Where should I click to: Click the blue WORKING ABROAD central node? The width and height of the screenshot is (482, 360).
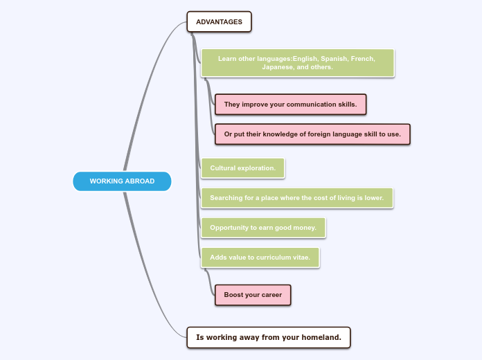[x=122, y=181]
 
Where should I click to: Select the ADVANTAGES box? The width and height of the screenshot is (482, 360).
[x=219, y=21]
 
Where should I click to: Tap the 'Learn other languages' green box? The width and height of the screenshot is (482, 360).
[x=297, y=63]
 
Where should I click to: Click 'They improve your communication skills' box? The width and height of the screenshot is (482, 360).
[x=290, y=105]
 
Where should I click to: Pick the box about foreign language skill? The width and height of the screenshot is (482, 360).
[x=312, y=134]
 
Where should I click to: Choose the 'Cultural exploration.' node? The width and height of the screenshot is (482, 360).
[x=242, y=168]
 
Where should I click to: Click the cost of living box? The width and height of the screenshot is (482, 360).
[x=296, y=198]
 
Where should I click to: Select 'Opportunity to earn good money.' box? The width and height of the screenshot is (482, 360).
[x=262, y=228]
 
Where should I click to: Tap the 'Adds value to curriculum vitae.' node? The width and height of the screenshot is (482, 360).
[x=260, y=258]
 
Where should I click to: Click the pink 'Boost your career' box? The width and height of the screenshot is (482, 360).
[x=253, y=295]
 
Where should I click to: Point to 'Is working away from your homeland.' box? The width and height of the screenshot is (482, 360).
[x=269, y=337]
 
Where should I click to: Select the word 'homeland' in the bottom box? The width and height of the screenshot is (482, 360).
[x=321, y=337]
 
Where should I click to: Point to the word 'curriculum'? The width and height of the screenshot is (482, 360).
[x=274, y=258]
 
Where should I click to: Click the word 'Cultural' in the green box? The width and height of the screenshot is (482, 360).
[x=223, y=168]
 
